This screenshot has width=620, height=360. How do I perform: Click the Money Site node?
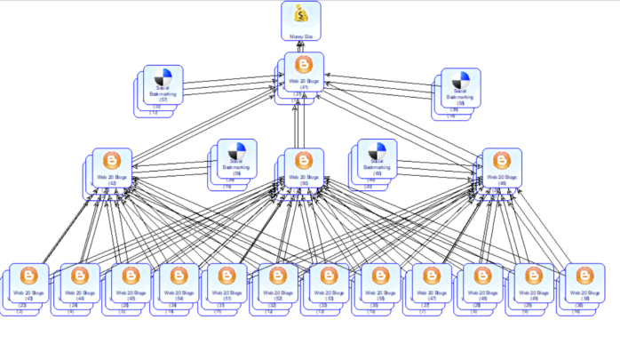coord(301,21)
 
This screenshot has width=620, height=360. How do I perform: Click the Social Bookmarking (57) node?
coord(163,86)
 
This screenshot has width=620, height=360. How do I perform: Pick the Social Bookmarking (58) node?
coord(460,90)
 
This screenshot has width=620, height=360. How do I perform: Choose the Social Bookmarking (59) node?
coord(236,159)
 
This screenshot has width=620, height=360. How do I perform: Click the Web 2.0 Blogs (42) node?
coord(112,170)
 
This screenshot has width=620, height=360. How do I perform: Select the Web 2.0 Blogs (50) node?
coord(304,170)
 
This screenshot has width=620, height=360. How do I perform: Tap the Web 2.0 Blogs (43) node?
coord(29,283)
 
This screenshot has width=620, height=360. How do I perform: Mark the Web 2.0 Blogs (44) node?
coord(80,283)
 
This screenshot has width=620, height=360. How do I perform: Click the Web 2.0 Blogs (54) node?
coord(179,283)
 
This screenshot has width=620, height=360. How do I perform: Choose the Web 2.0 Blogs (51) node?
coord(227,283)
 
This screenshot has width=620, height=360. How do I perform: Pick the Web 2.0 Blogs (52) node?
coord(278,283)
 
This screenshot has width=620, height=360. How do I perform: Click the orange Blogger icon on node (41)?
coord(304,65)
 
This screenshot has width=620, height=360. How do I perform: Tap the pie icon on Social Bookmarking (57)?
coord(163,77)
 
